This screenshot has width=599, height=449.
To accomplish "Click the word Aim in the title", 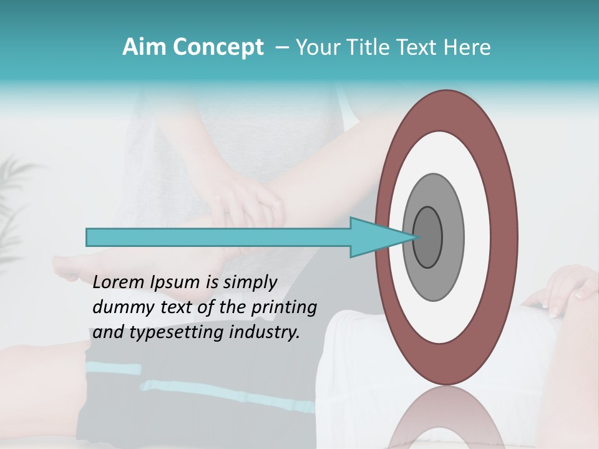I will (x=139, y=47).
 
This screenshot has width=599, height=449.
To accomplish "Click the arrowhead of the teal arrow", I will (x=374, y=237).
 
